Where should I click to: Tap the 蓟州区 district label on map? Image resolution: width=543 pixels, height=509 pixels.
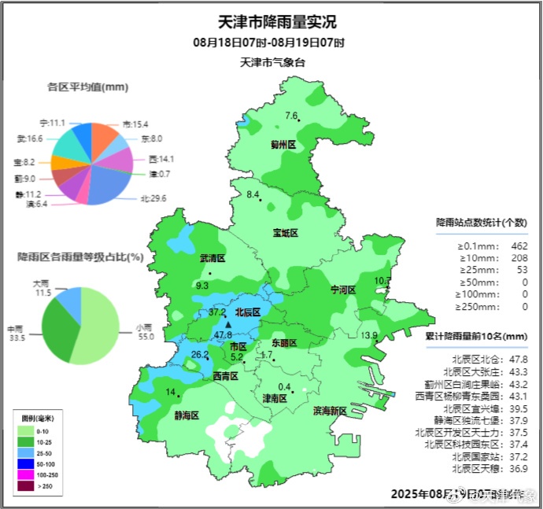tap(283, 145)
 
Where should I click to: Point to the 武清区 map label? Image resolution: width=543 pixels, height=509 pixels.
tap(212, 258)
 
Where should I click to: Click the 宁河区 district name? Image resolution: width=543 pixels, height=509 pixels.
tap(343, 290)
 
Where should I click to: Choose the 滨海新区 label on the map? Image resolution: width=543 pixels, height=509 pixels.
tap(330, 411)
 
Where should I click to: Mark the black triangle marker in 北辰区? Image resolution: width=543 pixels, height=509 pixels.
tap(228, 324)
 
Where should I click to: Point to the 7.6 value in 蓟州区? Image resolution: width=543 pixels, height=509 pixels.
tap(291, 116)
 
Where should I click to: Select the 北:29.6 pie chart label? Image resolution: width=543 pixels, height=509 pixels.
tap(153, 199)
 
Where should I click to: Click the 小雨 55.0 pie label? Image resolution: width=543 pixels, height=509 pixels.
tap(144, 331)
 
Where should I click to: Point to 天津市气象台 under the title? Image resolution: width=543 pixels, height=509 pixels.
tap(271, 62)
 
